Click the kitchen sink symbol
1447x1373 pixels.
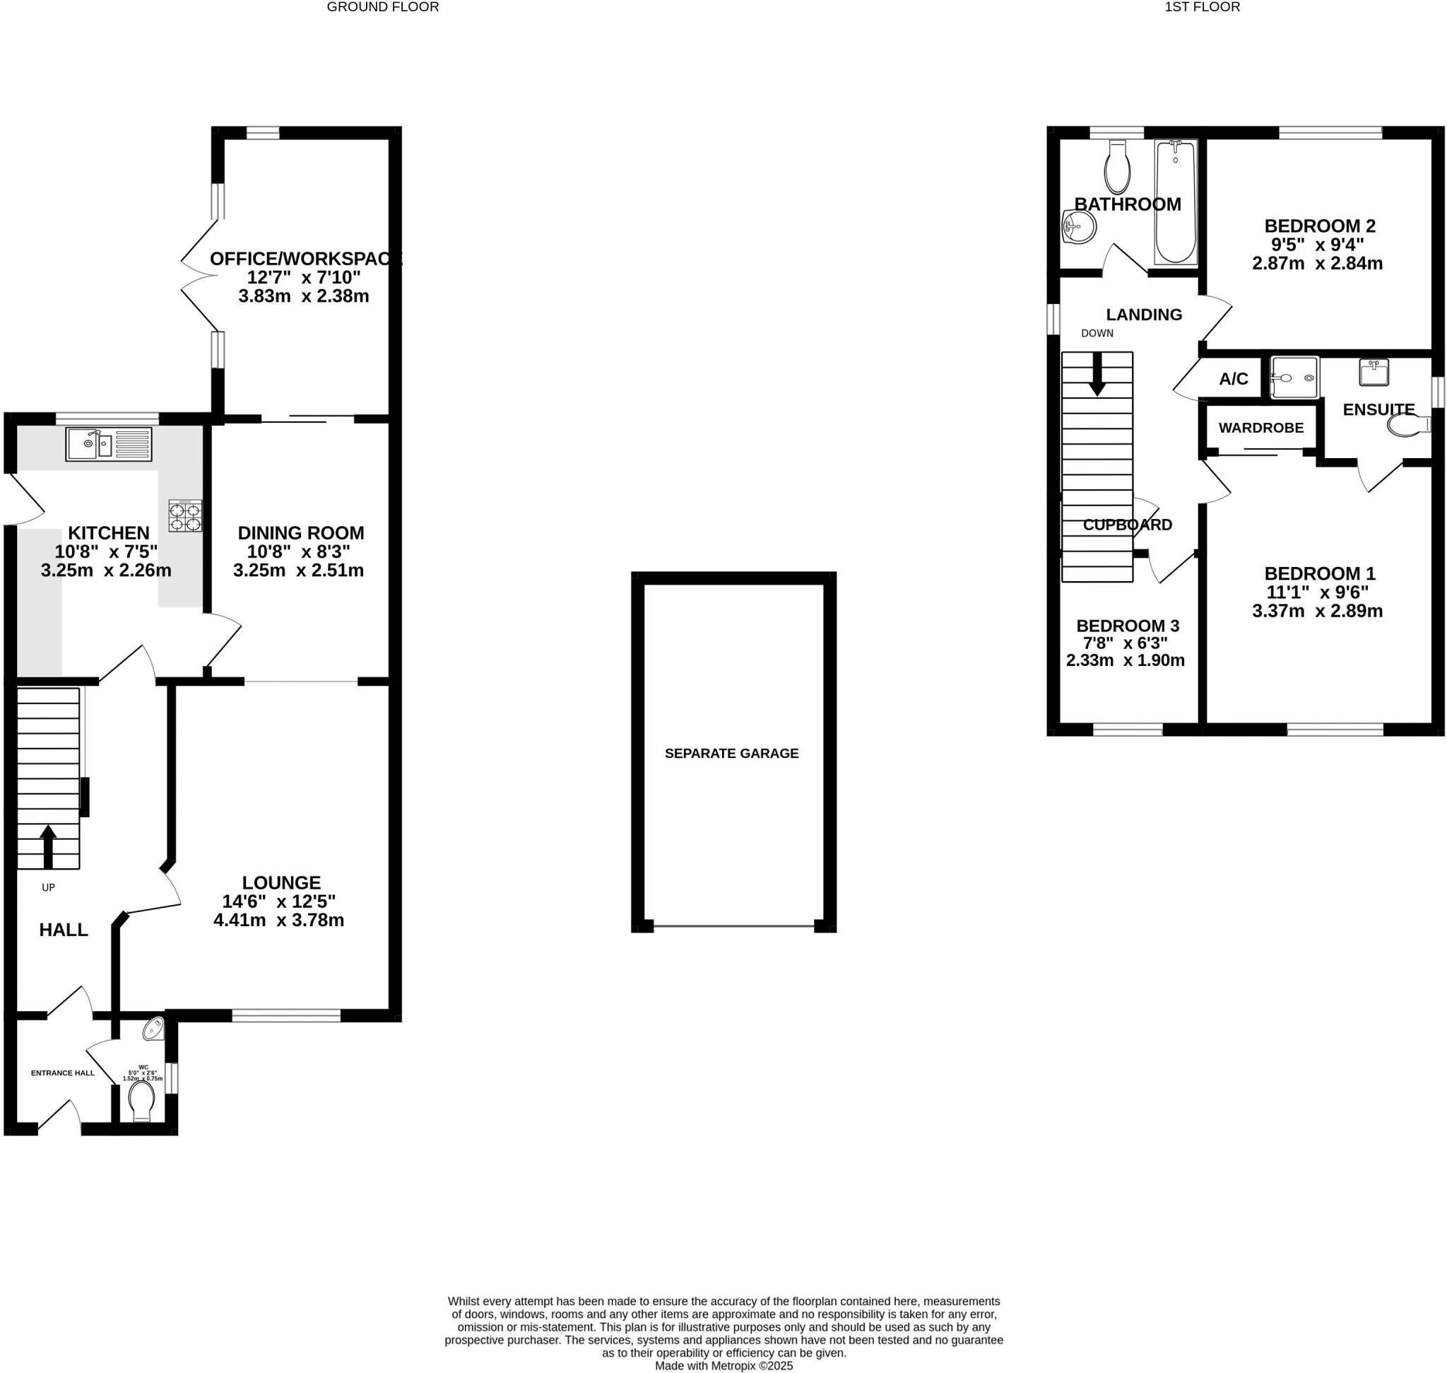(x=109, y=443)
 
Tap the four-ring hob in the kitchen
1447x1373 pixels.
(x=185, y=515)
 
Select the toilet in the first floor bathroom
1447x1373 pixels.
(x=1117, y=168)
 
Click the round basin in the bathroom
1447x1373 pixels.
(x=1078, y=227)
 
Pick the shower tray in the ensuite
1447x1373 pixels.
(x=1294, y=378)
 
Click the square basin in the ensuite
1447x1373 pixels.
(x=1373, y=372)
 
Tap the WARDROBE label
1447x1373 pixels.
(x=1261, y=428)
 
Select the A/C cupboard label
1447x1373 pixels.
(x=1234, y=379)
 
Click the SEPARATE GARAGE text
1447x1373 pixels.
(x=731, y=753)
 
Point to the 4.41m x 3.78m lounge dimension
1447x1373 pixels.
(x=278, y=920)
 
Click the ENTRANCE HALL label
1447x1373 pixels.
(x=63, y=1073)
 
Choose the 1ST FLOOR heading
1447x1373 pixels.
(x=1202, y=7)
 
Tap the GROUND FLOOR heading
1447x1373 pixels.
(x=383, y=7)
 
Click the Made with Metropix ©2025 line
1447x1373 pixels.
(x=723, y=1366)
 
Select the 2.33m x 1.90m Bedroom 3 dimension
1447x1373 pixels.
(x=1125, y=660)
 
